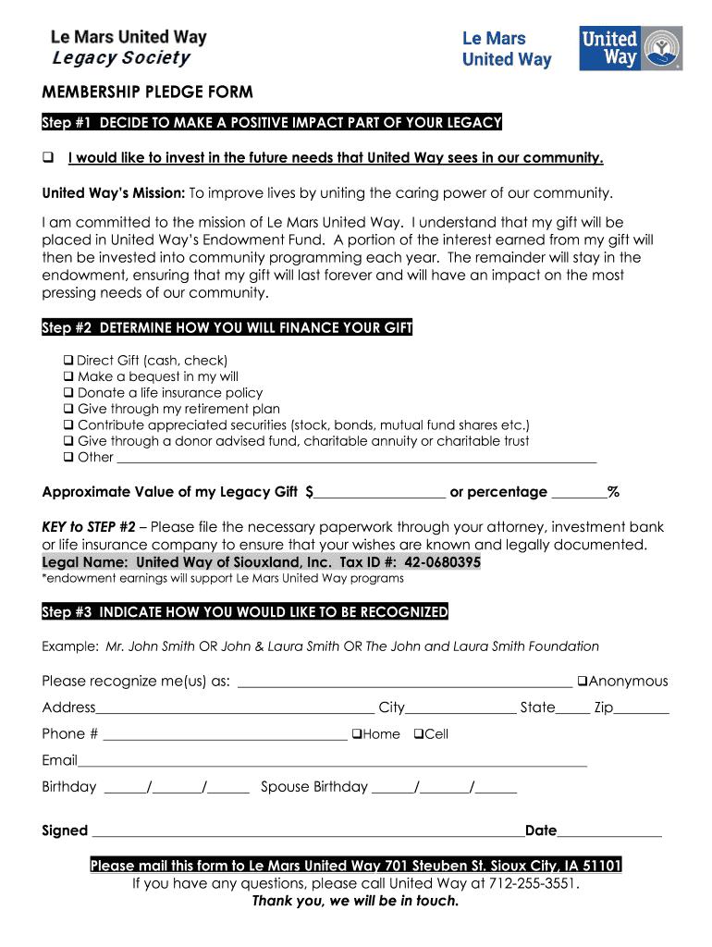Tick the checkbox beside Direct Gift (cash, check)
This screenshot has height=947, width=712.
pos(68,360)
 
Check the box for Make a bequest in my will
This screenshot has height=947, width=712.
pos(68,376)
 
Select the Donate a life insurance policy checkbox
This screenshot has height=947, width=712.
pos(68,392)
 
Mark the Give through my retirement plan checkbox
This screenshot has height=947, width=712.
pos(68,409)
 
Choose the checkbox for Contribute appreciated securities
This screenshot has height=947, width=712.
pos(68,424)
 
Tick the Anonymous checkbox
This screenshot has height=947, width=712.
pos(583,682)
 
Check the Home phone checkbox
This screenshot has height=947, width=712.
pos(356,734)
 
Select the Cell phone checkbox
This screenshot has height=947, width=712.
pos(418,734)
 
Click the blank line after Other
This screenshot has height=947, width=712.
pos(356,458)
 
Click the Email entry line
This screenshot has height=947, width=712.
pos(333,762)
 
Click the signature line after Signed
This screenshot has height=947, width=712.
pos(305,832)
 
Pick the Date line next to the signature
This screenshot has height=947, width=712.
pos(609,832)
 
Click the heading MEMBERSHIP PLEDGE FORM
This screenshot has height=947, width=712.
pos(148,93)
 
